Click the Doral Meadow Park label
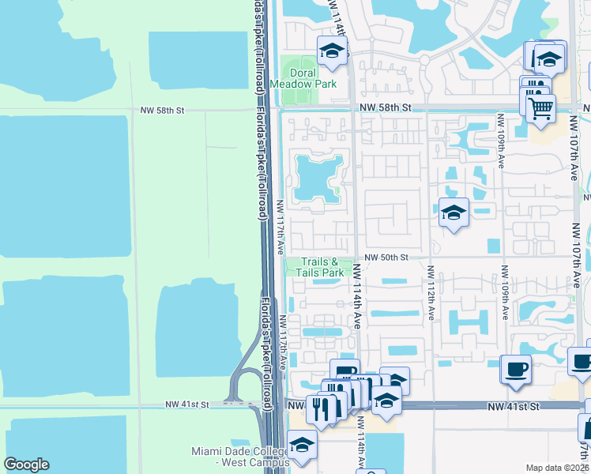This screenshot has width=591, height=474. pos(303,78)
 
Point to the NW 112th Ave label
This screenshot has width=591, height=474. pos(431,292)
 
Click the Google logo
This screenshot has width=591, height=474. pos(26,465)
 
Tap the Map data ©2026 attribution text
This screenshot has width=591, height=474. pos(557,468)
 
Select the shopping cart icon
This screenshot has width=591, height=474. pos(540,107)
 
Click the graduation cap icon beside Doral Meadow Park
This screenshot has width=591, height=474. pos(333,52)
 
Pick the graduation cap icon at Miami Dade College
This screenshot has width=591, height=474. pos(302,446)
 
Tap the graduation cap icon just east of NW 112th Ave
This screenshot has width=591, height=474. pos(454,212)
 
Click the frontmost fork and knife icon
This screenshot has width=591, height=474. pos(322,408)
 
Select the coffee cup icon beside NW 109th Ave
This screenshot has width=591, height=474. pos(515,368)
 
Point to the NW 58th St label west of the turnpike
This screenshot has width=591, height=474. pos(162,111)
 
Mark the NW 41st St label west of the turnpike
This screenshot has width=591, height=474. pos(186,404)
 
